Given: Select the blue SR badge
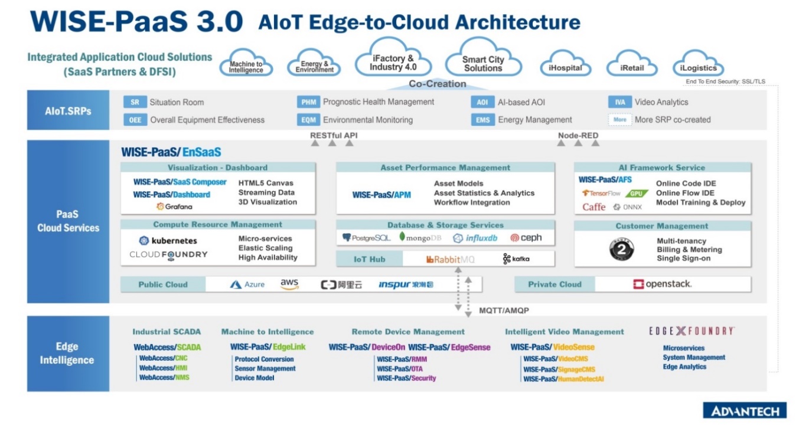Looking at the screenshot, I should pos(135,102).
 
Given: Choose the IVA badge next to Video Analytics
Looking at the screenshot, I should pos(619,102).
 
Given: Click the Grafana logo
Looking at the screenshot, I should pos(174,207).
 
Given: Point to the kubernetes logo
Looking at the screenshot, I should pos(168,241).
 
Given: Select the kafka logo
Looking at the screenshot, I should pos(516,259).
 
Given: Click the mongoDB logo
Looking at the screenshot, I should pos(420,238).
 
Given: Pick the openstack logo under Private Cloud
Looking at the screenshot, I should pos(662,284).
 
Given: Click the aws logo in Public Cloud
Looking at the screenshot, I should pos(289,284).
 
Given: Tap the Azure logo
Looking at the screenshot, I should pos(247,285).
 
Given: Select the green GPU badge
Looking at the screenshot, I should pos(637,193).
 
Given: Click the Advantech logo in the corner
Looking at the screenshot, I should pos(745,411).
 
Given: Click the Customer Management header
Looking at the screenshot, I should pos(662,226).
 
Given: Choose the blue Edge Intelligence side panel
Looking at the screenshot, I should pos(68,353).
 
